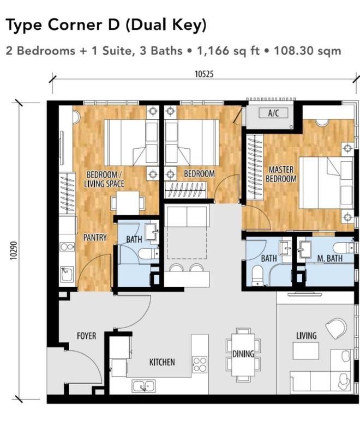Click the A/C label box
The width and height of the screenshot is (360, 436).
coord(273,113)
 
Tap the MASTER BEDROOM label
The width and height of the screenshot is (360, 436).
coord(281,174)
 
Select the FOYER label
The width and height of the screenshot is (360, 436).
coord(87,336)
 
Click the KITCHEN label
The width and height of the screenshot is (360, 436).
coord(162,362)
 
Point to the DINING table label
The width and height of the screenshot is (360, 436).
coord(243,354)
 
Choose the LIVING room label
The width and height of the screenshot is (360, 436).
coord(307,336)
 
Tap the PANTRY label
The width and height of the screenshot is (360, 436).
coord(95,238)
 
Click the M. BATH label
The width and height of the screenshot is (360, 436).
coord(329,258)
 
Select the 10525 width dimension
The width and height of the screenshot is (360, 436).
coord(204,74)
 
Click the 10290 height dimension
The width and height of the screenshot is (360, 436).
coord(14,251)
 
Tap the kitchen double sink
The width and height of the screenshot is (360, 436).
coord(144,386)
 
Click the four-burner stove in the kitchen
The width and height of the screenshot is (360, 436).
coord(200,364)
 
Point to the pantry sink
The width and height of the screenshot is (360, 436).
coord(67,275)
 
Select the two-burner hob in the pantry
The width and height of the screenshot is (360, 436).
coord(67,247)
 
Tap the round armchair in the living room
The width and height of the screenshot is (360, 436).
coord(336,329)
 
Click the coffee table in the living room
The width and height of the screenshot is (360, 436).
coord(306,350)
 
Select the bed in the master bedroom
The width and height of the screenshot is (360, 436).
coord(326,183)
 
